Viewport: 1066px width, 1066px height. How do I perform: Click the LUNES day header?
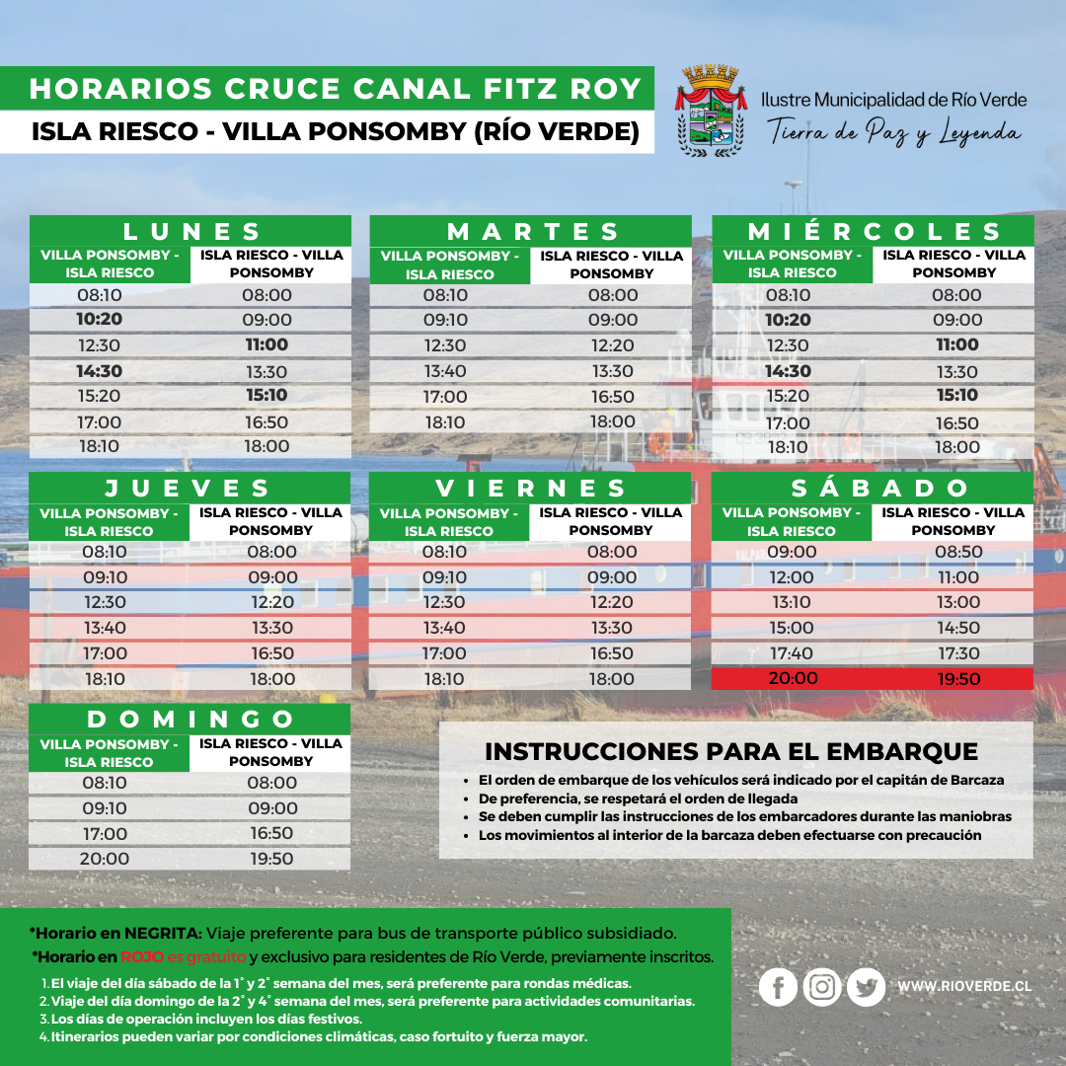tap(190, 231)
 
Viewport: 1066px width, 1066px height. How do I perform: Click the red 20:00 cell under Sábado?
tap(792, 679)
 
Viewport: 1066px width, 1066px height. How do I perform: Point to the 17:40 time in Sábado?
tap(792, 653)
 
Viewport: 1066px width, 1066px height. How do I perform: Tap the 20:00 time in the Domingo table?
tap(105, 859)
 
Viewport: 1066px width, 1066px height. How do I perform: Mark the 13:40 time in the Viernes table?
tap(444, 628)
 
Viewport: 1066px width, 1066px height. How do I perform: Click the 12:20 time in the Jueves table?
tap(271, 602)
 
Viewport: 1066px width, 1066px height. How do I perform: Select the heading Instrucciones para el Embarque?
tap(731, 751)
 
